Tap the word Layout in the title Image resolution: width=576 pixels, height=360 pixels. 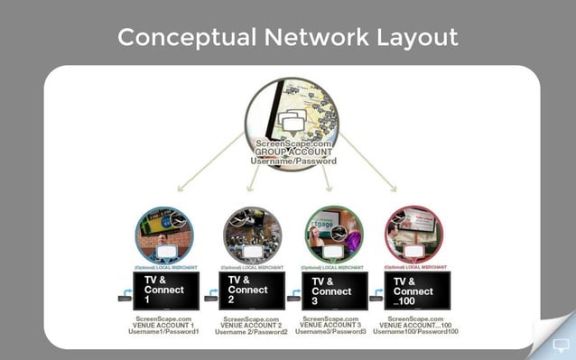pyautogui.click(x=414, y=38)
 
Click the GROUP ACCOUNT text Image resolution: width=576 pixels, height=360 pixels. pyautogui.click(x=293, y=152)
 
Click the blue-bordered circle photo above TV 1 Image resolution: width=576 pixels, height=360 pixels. pyautogui.click(x=163, y=235)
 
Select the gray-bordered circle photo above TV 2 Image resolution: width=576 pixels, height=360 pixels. pyautogui.click(x=253, y=235)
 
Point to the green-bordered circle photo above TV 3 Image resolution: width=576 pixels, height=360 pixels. pyautogui.click(x=334, y=235)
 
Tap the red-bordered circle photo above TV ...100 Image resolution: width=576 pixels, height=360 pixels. pyautogui.click(x=414, y=235)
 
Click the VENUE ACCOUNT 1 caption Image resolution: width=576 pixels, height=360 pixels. pyautogui.click(x=163, y=325)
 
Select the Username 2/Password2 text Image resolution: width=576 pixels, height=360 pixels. pyautogui.click(x=252, y=332)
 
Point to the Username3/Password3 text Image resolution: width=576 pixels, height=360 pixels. pyautogui.click(x=331, y=332)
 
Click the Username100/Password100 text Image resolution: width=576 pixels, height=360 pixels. pyautogui.click(x=416, y=332)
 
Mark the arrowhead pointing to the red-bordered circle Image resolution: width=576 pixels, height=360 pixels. pyautogui.click(x=393, y=187)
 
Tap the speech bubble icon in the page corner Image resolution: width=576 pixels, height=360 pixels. pyautogui.click(x=561, y=344)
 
